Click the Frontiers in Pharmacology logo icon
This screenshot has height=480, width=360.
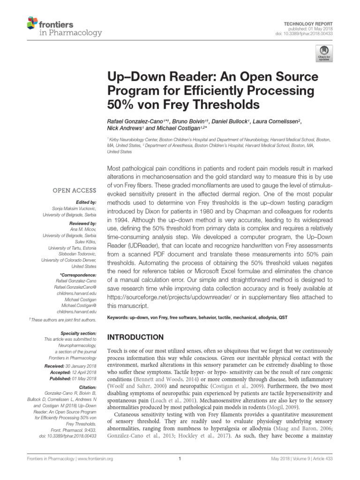(32, 23)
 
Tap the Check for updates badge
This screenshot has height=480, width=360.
(323, 53)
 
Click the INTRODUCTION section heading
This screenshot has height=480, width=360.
(136, 337)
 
